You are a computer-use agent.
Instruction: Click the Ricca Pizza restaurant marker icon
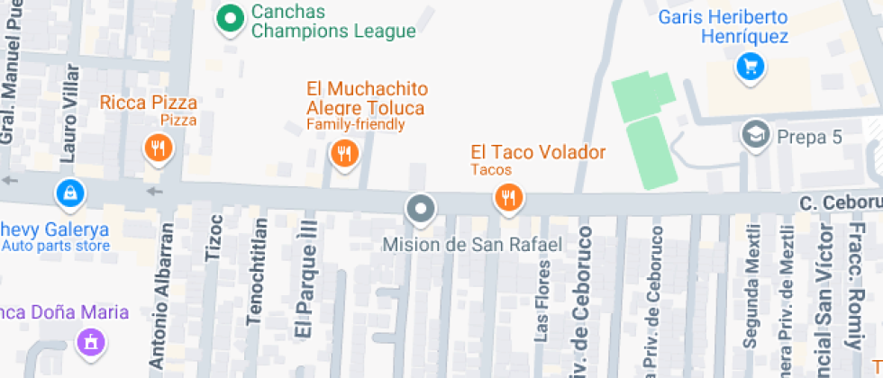159,148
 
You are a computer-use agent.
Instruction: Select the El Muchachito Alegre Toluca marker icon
343,154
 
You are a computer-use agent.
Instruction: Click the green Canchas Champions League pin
232,18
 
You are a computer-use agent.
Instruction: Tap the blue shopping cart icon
750,67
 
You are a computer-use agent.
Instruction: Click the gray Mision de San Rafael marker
421,211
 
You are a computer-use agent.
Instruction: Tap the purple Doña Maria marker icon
89,342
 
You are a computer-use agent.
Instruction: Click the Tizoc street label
214,237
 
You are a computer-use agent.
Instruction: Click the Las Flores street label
542,301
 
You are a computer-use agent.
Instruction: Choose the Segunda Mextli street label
749,285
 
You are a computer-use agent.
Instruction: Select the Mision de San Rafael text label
472,244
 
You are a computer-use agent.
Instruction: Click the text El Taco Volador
538,152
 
